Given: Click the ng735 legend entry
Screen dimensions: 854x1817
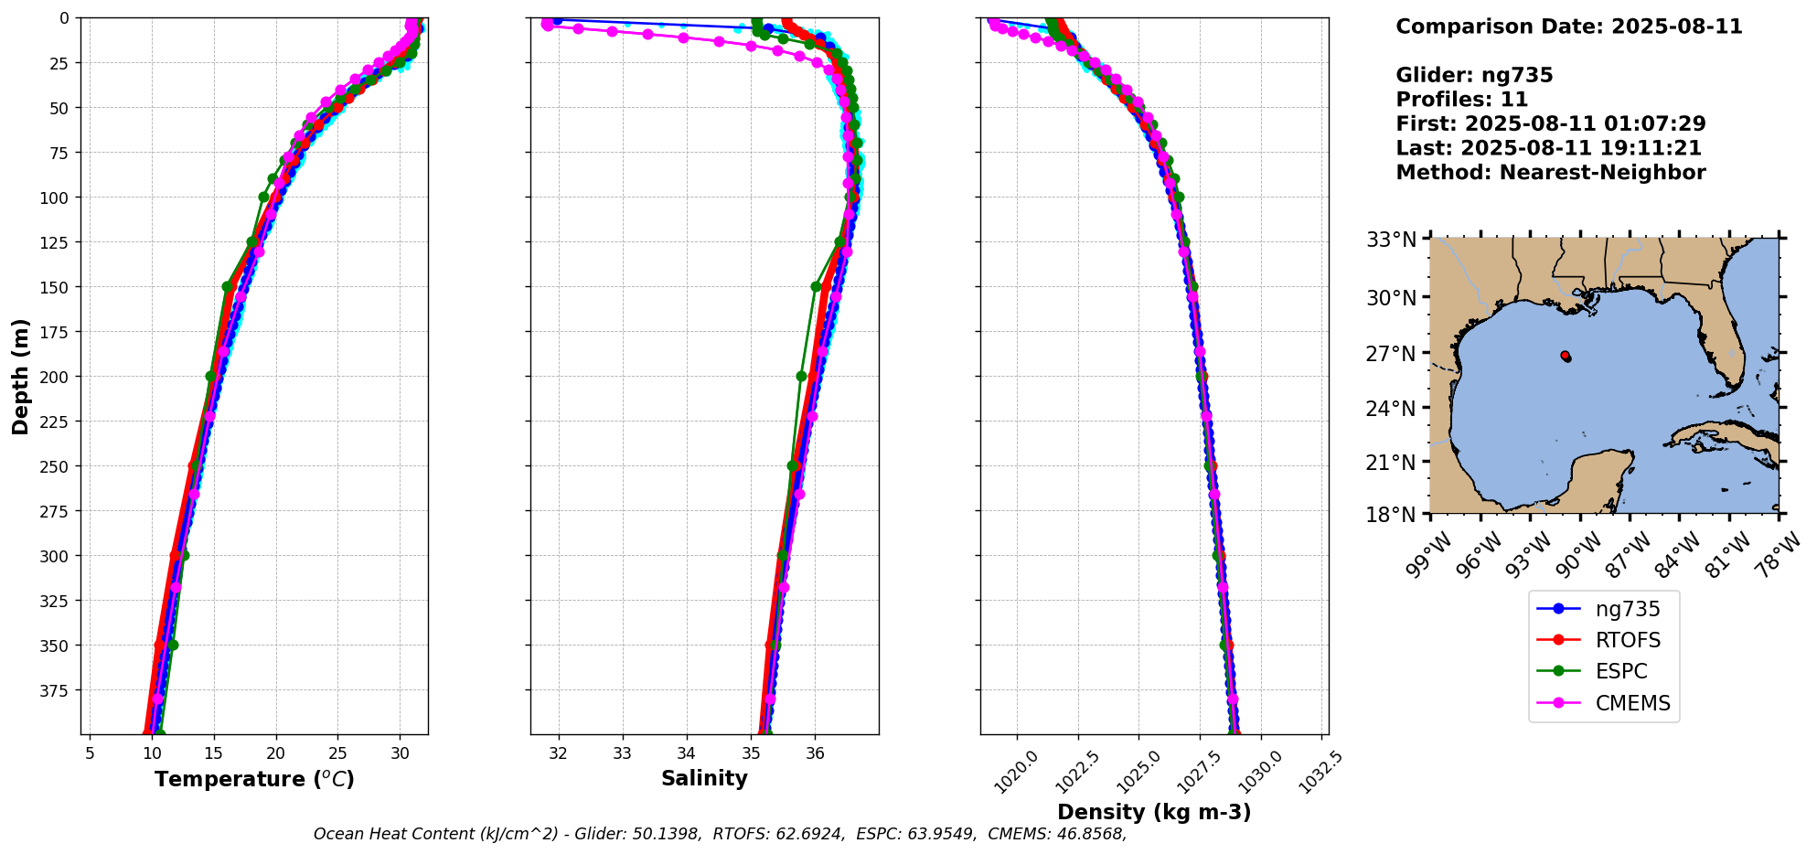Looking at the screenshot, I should pyautogui.click(x=1627, y=609).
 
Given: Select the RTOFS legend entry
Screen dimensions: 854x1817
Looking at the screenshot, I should pyautogui.click(x=1627, y=640).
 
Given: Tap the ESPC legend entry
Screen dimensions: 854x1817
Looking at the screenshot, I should pyautogui.click(x=1620, y=671).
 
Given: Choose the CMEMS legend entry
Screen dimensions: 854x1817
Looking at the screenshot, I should pyautogui.click(x=1632, y=703).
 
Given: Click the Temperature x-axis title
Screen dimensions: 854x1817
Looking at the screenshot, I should pyautogui.click(x=254, y=779).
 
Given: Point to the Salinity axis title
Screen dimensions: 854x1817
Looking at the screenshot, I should pyautogui.click(x=704, y=778).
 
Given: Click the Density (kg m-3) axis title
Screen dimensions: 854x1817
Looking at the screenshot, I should pyautogui.click(x=1154, y=812).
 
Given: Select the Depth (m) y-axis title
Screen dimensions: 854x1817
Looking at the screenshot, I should pyautogui.click(x=21, y=376).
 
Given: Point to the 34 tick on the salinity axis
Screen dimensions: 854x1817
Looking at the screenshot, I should pyautogui.click(x=686, y=754).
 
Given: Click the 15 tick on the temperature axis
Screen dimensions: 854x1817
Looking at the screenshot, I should pyautogui.click(x=213, y=754).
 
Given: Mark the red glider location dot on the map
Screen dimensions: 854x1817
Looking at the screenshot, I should pyautogui.click(x=1565, y=355).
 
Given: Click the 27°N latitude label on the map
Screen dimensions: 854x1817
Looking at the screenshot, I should pyautogui.click(x=1391, y=354).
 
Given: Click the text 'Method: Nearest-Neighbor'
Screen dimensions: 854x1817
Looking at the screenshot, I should pyautogui.click(x=1550, y=173).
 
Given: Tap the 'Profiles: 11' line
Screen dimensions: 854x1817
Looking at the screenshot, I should pyautogui.click(x=1461, y=100).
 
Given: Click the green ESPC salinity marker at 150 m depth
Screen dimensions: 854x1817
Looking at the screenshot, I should pyautogui.click(x=816, y=286).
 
